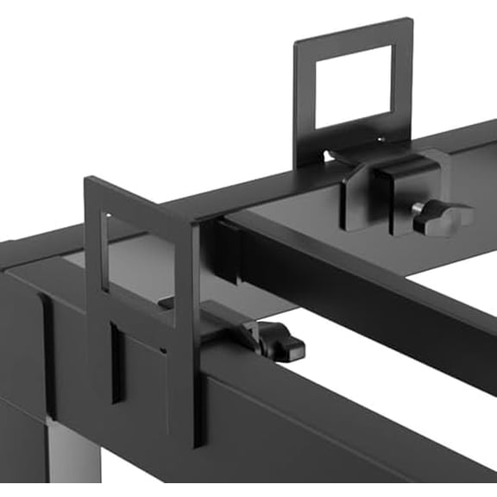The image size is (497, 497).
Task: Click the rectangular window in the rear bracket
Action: click(354, 86)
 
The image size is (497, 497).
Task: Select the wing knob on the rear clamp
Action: click(441, 217)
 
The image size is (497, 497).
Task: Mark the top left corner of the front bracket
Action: click(86, 179)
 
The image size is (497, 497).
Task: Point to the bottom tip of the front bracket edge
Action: click(198, 444)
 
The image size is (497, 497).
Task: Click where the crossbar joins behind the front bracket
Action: click(226, 250)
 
